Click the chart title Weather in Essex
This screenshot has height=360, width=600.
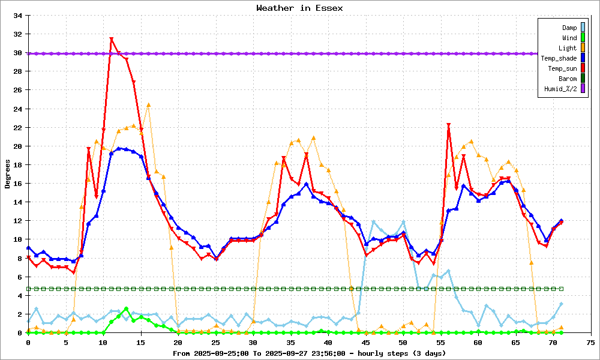pyautogui.click(x=299, y=8)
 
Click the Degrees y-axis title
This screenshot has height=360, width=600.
pyautogui.click(x=8, y=174)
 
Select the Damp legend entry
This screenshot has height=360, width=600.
pyautogui.click(x=569, y=28)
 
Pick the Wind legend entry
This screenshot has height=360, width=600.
pyautogui.click(x=569, y=38)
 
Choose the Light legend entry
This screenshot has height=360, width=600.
pyautogui.click(x=568, y=48)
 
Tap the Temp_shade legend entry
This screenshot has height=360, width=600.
pyautogui.click(x=559, y=58)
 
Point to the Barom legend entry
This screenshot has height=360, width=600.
pyautogui.click(x=568, y=79)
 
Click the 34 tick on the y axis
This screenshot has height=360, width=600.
pyautogui.click(x=18, y=16)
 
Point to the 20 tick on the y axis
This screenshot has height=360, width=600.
pyautogui.click(x=18, y=146)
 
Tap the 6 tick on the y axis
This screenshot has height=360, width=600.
pyautogui.click(x=20, y=277)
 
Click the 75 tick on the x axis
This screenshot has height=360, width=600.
pyautogui.click(x=591, y=342)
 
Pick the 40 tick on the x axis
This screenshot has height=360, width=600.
pyautogui.click(x=328, y=342)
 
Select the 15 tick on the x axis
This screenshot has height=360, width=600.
pyautogui.click(x=140, y=342)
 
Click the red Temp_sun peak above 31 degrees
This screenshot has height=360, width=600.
pyautogui.click(x=111, y=40)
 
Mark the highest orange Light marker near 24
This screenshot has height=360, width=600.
pyautogui.click(x=148, y=105)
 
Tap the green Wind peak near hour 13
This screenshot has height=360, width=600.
pyautogui.click(x=126, y=309)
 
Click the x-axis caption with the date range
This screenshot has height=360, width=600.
pyautogui.click(x=299, y=353)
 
